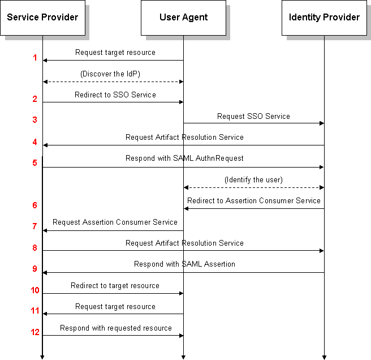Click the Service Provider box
click(x=42, y=18)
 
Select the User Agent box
click(x=183, y=18)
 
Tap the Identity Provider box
click(x=324, y=18)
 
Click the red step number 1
click(x=35, y=58)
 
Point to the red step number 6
click(x=35, y=205)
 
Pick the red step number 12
click(x=35, y=332)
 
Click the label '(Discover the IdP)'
click(x=110, y=74)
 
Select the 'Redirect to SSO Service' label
click(x=115, y=95)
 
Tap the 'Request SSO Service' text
click(x=253, y=116)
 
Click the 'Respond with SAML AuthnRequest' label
click(x=184, y=158)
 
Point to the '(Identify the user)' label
click(x=253, y=180)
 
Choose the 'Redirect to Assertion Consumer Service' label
click(x=253, y=200)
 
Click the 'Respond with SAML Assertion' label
click(x=184, y=264)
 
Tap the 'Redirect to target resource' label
click(x=115, y=286)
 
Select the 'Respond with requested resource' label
click(x=116, y=328)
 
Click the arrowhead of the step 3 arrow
click(x=322, y=123)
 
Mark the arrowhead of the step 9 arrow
click(x=45, y=273)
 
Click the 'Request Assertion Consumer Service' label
click(x=115, y=222)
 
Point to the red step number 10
click(x=35, y=290)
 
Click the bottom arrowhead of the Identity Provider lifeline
click(x=324, y=358)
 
